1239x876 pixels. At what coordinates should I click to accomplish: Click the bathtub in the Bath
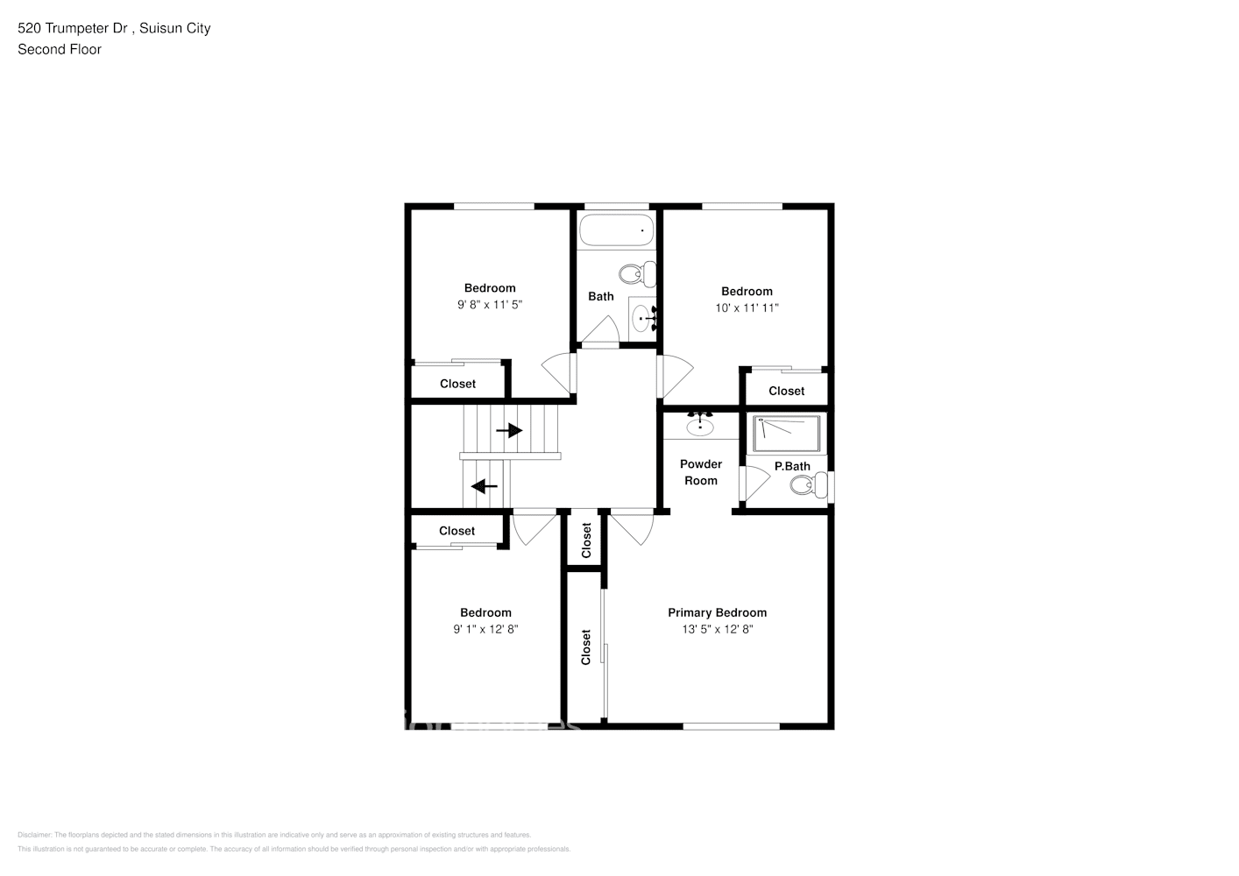(616, 230)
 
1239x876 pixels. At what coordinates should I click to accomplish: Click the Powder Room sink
(700, 427)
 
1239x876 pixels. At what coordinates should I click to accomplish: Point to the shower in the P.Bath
(788, 434)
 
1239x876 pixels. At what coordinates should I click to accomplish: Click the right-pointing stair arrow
(509, 431)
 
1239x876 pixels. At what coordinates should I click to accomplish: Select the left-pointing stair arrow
(485, 486)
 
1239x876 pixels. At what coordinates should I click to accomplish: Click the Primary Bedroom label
(717, 612)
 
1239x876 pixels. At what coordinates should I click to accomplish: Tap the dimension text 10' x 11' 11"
(747, 307)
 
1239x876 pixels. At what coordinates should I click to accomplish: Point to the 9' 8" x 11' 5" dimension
(490, 304)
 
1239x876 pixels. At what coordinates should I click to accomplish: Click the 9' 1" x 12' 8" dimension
(485, 629)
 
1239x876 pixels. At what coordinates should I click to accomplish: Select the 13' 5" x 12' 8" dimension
(717, 629)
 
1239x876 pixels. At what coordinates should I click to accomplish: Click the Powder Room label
(701, 472)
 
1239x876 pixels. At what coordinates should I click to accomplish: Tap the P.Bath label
(792, 466)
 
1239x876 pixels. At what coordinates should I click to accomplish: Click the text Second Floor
(60, 49)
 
